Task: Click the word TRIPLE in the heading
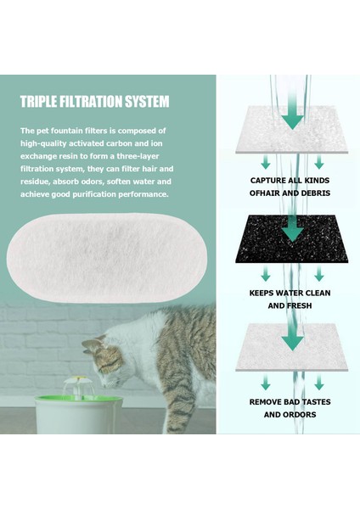[x=39, y=102]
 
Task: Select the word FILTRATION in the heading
[x=92, y=102]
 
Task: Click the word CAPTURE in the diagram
[x=270, y=180]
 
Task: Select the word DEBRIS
[x=311, y=194]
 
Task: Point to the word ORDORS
[x=301, y=416]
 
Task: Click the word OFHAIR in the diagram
[x=268, y=194]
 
